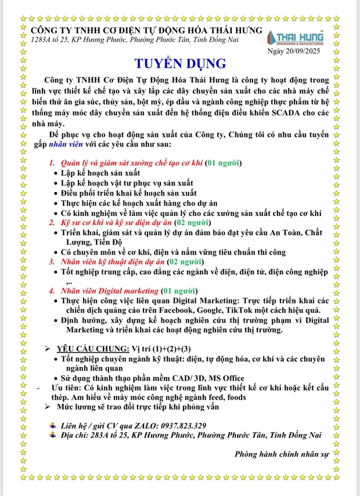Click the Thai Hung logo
(x=296, y=38)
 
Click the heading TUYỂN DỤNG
(x=180, y=63)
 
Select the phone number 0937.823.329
(x=179, y=425)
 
